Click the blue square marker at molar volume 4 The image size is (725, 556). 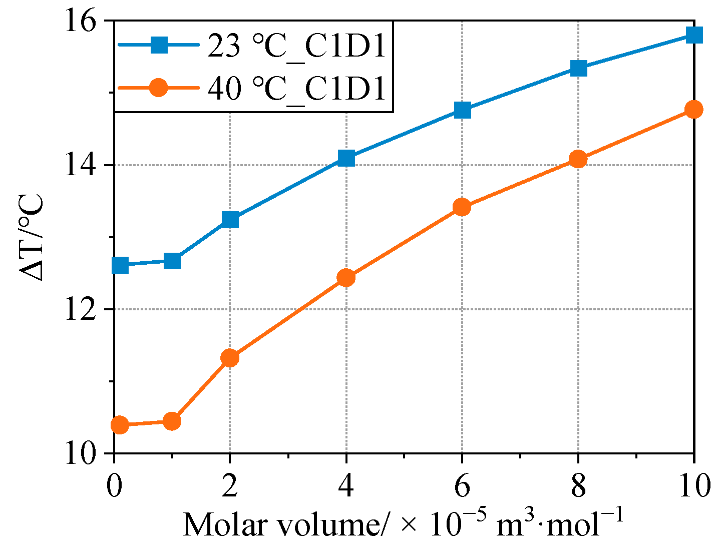346,158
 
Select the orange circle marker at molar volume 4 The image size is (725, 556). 346,277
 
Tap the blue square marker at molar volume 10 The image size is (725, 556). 693,35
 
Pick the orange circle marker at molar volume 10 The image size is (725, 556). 693,110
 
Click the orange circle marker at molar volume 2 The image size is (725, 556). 230,358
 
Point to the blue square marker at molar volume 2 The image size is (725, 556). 230,220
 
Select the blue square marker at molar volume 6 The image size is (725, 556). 462,110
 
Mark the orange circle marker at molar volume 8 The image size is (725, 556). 578,159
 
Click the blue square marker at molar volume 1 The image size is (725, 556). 172,261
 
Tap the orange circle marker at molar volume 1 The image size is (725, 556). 172,421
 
